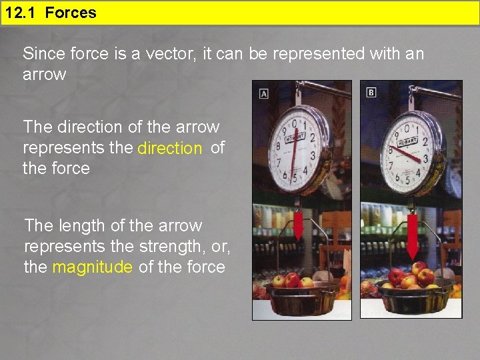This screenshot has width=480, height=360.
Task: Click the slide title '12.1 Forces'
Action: click(x=50, y=13)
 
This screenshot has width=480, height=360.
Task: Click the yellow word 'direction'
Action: click(x=169, y=149)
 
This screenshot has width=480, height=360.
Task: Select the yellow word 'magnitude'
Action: click(x=92, y=267)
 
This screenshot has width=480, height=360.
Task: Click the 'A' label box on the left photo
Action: click(x=264, y=94)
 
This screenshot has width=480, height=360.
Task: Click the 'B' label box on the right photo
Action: click(x=371, y=92)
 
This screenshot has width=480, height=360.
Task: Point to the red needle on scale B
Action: click(x=407, y=154)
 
